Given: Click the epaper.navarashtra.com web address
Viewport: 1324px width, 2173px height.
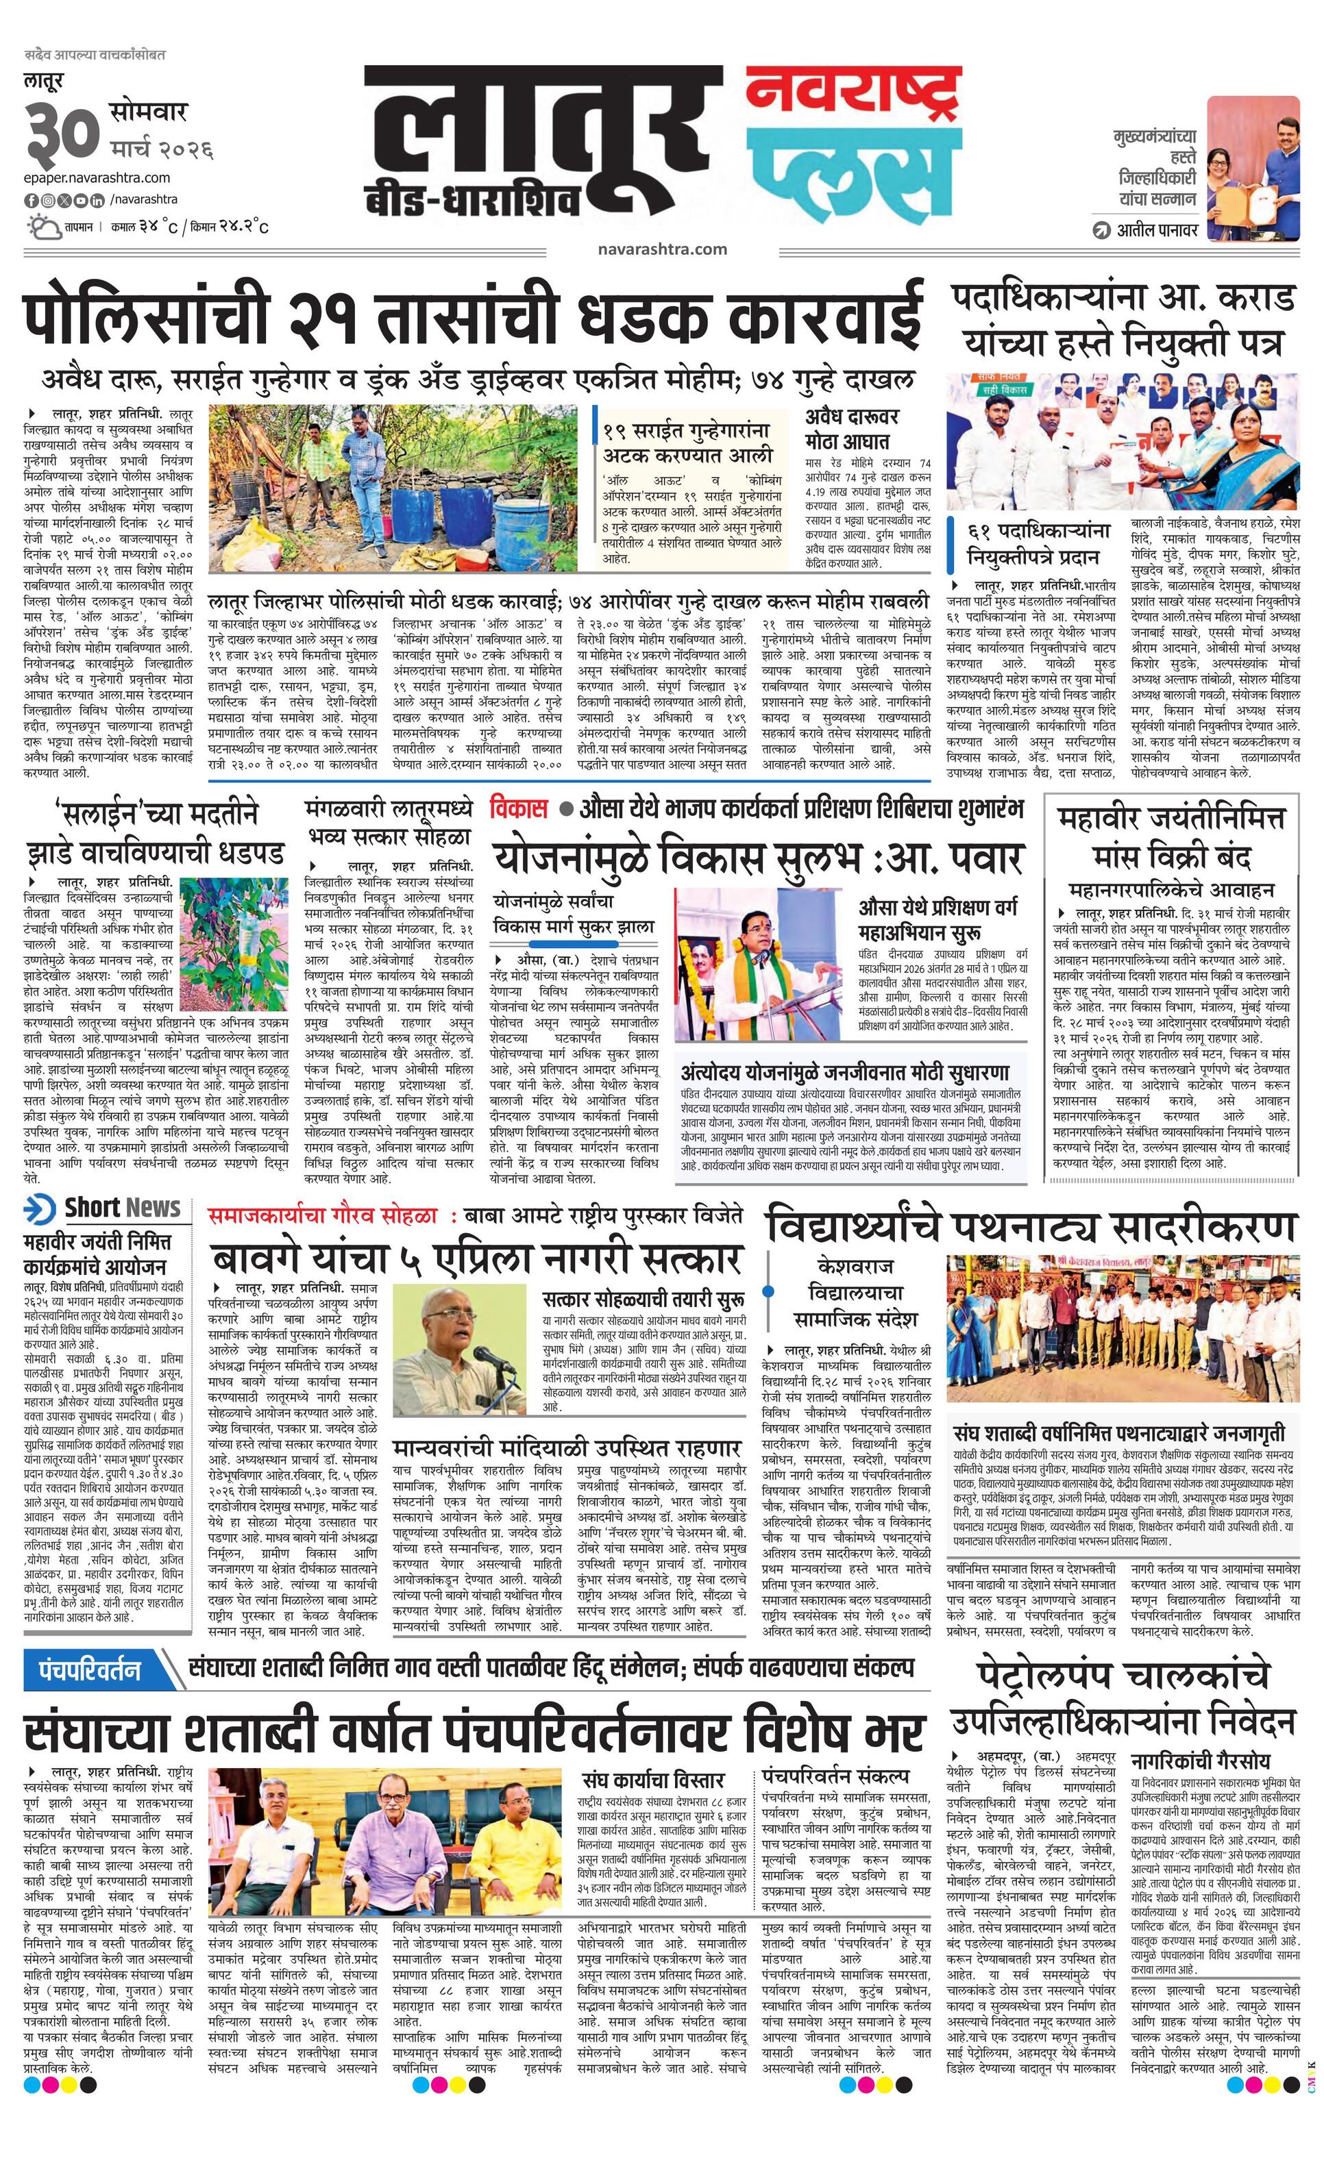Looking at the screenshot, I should tap(97, 177).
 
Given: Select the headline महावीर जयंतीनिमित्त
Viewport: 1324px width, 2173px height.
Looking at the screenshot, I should tap(1173, 819).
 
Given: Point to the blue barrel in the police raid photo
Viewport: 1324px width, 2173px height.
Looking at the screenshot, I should tap(419, 517).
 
